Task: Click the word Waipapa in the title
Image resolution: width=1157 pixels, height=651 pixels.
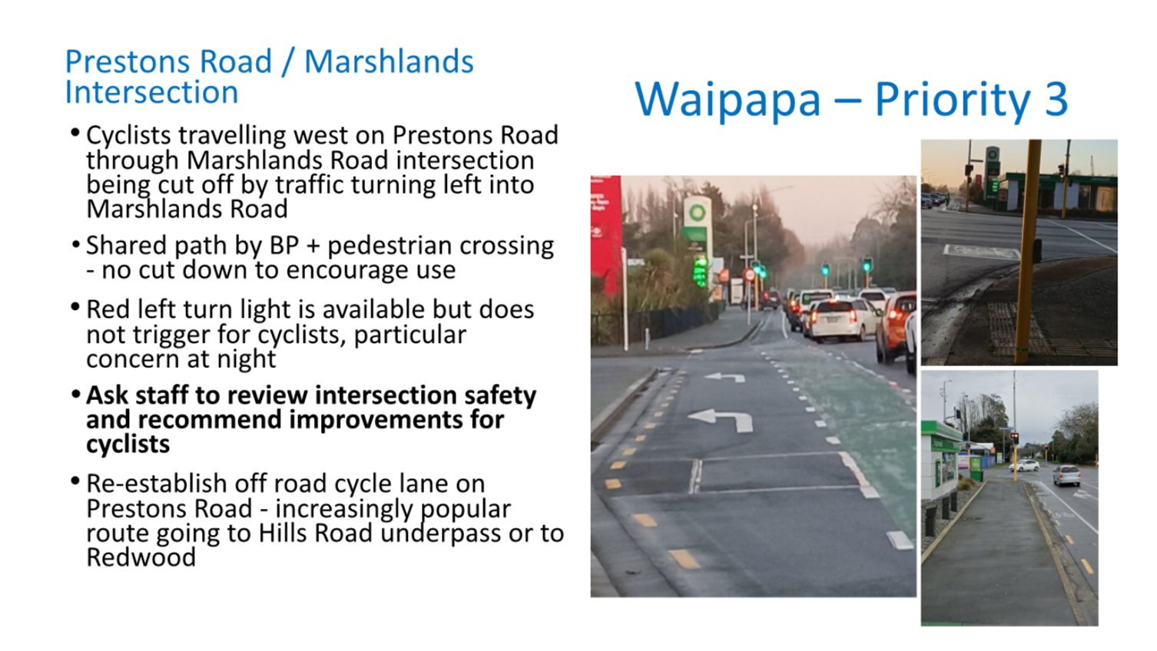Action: click(x=728, y=99)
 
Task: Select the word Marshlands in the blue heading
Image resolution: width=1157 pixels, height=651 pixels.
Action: click(x=389, y=61)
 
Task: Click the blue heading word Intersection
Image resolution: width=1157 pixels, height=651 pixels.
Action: click(x=151, y=92)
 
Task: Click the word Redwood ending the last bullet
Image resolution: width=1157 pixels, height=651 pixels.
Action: click(x=141, y=557)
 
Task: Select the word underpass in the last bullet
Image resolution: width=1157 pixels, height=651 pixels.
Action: click(x=440, y=534)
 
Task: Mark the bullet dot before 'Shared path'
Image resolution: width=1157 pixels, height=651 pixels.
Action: click(x=75, y=243)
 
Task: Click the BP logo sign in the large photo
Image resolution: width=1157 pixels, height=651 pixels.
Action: click(x=697, y=212)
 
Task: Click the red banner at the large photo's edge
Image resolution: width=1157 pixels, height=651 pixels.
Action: click(x=606, y=237)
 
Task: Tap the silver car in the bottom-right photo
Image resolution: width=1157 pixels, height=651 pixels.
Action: click(x=1066, y=475)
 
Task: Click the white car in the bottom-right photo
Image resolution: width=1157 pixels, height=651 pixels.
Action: click(x=1025, y=466)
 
